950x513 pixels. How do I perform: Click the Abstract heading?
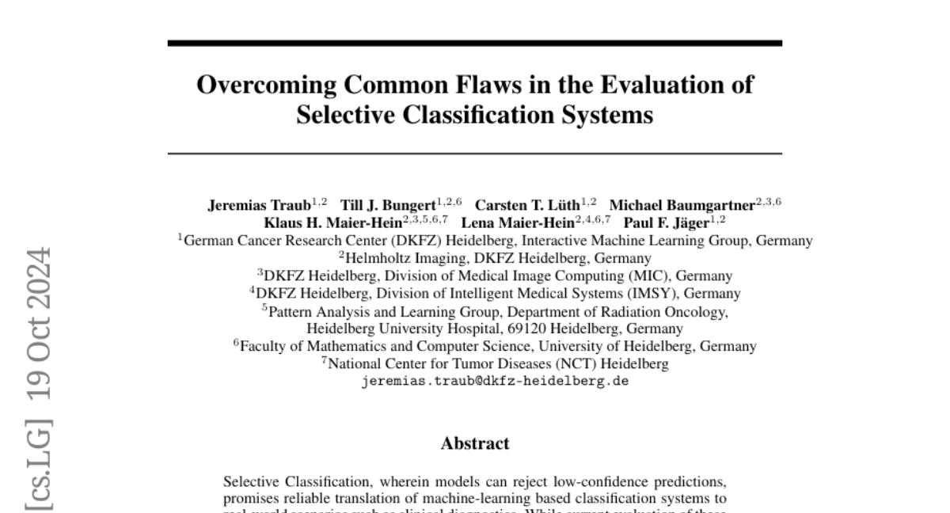[x=474, y=444]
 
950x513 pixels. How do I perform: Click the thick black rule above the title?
[x=474, y=43]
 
